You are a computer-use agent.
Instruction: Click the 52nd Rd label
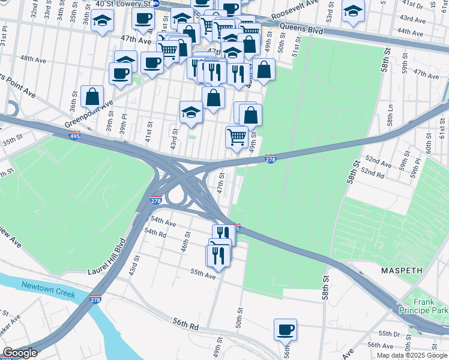pos(372,173)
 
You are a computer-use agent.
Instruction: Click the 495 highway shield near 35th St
pos(74,136)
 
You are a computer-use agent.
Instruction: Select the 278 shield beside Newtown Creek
pos(95,299)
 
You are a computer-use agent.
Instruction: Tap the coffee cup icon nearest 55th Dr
pos(285,329)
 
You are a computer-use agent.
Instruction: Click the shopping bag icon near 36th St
pos(92,96)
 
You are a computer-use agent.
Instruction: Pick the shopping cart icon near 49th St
pos(237,137)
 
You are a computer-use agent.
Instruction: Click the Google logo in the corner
pos(19,353)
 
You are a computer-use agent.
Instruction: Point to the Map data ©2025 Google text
pos(412,355)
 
